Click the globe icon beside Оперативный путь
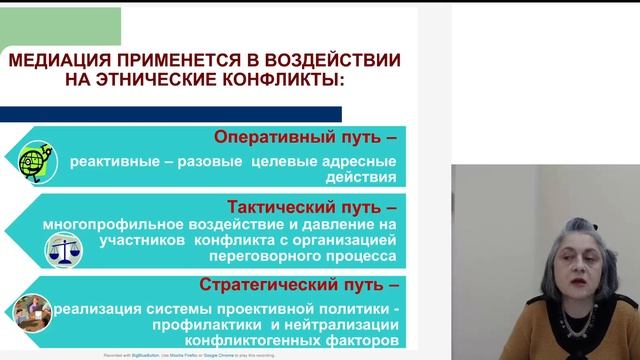[x=38, y=160]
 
